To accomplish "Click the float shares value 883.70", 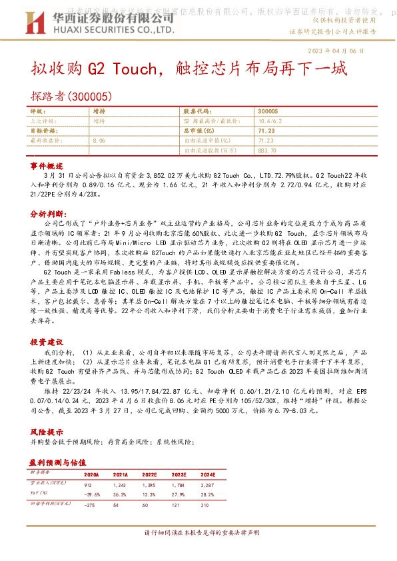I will coord(266,151).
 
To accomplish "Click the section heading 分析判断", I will coord(48,215).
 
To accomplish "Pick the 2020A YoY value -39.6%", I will coord(93,494).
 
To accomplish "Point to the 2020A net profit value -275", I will coord(91,506).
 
